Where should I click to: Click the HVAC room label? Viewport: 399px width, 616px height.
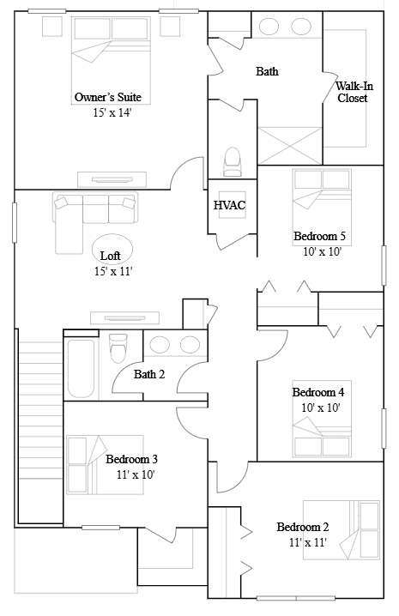230,205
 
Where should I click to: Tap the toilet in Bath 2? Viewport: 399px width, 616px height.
118,347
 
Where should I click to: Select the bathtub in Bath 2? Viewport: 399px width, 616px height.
81,369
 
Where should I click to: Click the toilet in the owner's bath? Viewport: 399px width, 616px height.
233,162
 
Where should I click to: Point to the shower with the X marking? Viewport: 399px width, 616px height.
290,145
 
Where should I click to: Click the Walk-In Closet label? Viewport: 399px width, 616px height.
354,92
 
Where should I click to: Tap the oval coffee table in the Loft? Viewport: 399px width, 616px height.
112,249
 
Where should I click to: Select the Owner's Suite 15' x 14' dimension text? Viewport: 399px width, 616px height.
112,112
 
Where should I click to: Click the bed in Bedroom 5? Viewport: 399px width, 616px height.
322,207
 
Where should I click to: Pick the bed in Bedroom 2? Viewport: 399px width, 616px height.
342,530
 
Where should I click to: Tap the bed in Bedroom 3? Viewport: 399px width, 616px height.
105,464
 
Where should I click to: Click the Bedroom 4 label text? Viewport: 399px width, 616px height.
318,392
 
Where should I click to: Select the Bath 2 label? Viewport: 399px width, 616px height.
149,374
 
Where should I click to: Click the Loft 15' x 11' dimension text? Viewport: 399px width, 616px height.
113,271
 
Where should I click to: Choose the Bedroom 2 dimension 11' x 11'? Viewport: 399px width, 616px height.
308,542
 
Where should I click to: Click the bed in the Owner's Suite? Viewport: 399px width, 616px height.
112,60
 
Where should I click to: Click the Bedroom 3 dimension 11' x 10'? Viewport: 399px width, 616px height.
136,474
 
